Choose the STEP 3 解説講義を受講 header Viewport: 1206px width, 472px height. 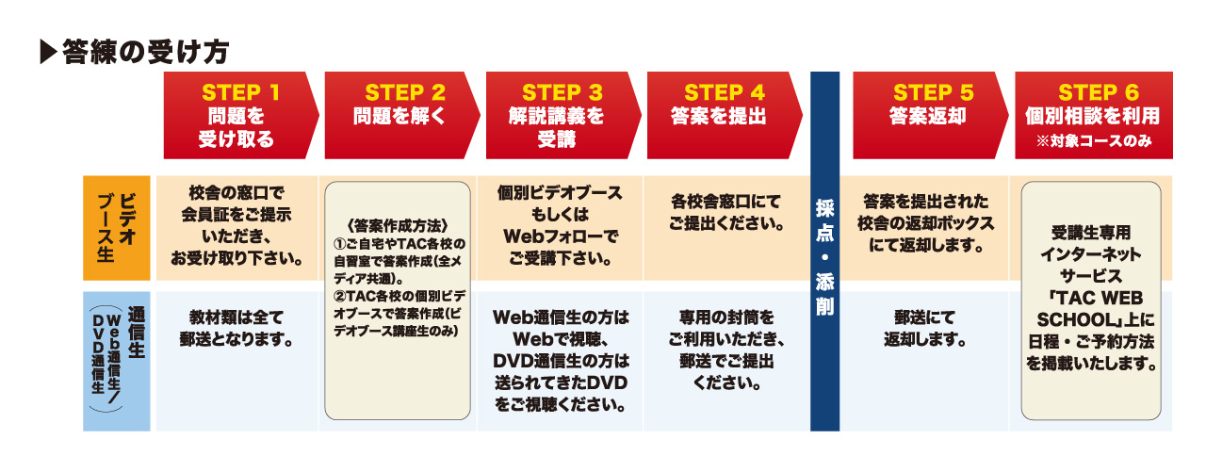coord(562,115)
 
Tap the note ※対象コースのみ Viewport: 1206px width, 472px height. coord(1093,143)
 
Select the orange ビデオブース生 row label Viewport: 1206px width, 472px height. coord(117,228)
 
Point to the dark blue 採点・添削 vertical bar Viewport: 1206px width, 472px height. coord(824,252)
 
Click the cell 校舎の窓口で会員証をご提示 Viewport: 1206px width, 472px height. coord(237,226)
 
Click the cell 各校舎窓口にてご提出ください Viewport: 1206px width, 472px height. coord(724,214)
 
